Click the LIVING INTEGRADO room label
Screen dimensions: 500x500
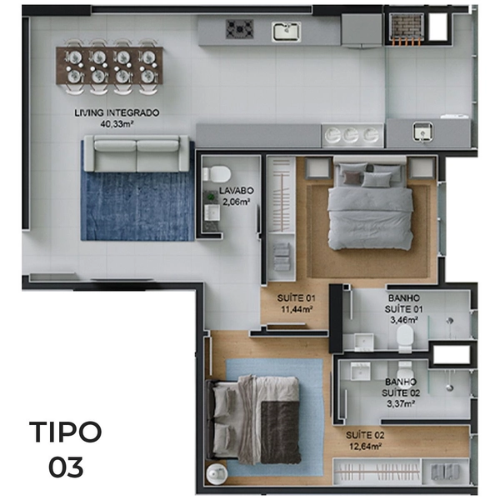click(117, 112)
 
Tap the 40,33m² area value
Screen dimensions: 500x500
click(117, 123)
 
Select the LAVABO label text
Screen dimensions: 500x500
click(237, 191)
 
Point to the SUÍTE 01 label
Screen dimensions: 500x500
click(296, 298)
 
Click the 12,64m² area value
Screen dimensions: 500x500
click(366, 446)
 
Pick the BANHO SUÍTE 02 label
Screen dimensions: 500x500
click(401, 387)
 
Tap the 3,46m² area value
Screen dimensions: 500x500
click(404, 319)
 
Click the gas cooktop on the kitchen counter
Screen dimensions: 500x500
click(240, 29)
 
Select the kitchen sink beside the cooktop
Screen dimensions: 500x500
click(287, 32)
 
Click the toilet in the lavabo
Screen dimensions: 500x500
click(217, 174)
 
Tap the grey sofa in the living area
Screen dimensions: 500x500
click(136, 153)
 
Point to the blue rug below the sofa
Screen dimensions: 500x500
click(137, 206)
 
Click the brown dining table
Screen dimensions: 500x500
click(109, 66)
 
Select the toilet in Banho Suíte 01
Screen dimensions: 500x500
click(405, 339)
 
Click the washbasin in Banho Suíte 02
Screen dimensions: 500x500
click(360, 371)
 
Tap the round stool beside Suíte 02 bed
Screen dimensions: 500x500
click(217, 472)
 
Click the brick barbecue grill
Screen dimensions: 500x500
click(407, 27)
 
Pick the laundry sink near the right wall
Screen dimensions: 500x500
click(422, 132)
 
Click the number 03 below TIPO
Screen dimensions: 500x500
click(66, 467)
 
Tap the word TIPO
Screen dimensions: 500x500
click(65, 432)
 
